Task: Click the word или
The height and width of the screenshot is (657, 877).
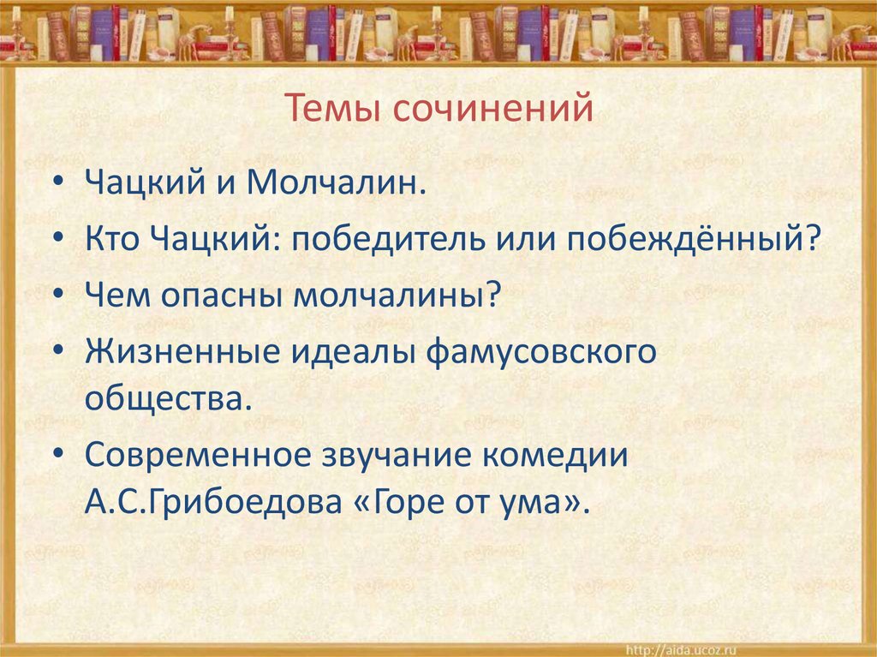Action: click(522, 239)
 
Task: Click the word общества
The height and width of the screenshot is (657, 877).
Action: click(169, 398)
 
